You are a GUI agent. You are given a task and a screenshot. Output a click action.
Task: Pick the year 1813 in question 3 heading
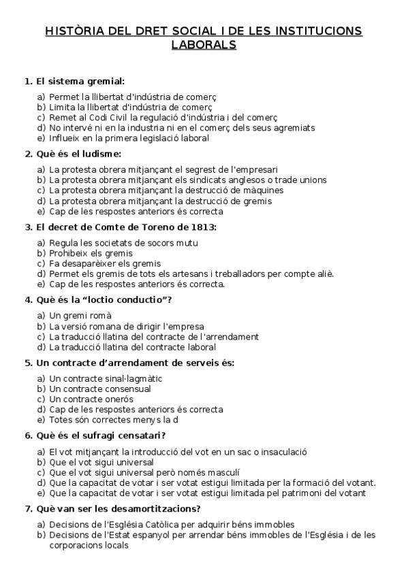point(203,227)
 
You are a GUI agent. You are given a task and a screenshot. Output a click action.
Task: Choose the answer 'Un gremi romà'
point(80,316)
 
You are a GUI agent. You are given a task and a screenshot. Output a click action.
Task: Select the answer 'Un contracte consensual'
point(101,389)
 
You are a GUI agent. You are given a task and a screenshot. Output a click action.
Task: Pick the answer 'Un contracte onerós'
point(92,399)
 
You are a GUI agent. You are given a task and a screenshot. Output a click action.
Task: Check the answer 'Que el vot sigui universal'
point(102,462)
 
